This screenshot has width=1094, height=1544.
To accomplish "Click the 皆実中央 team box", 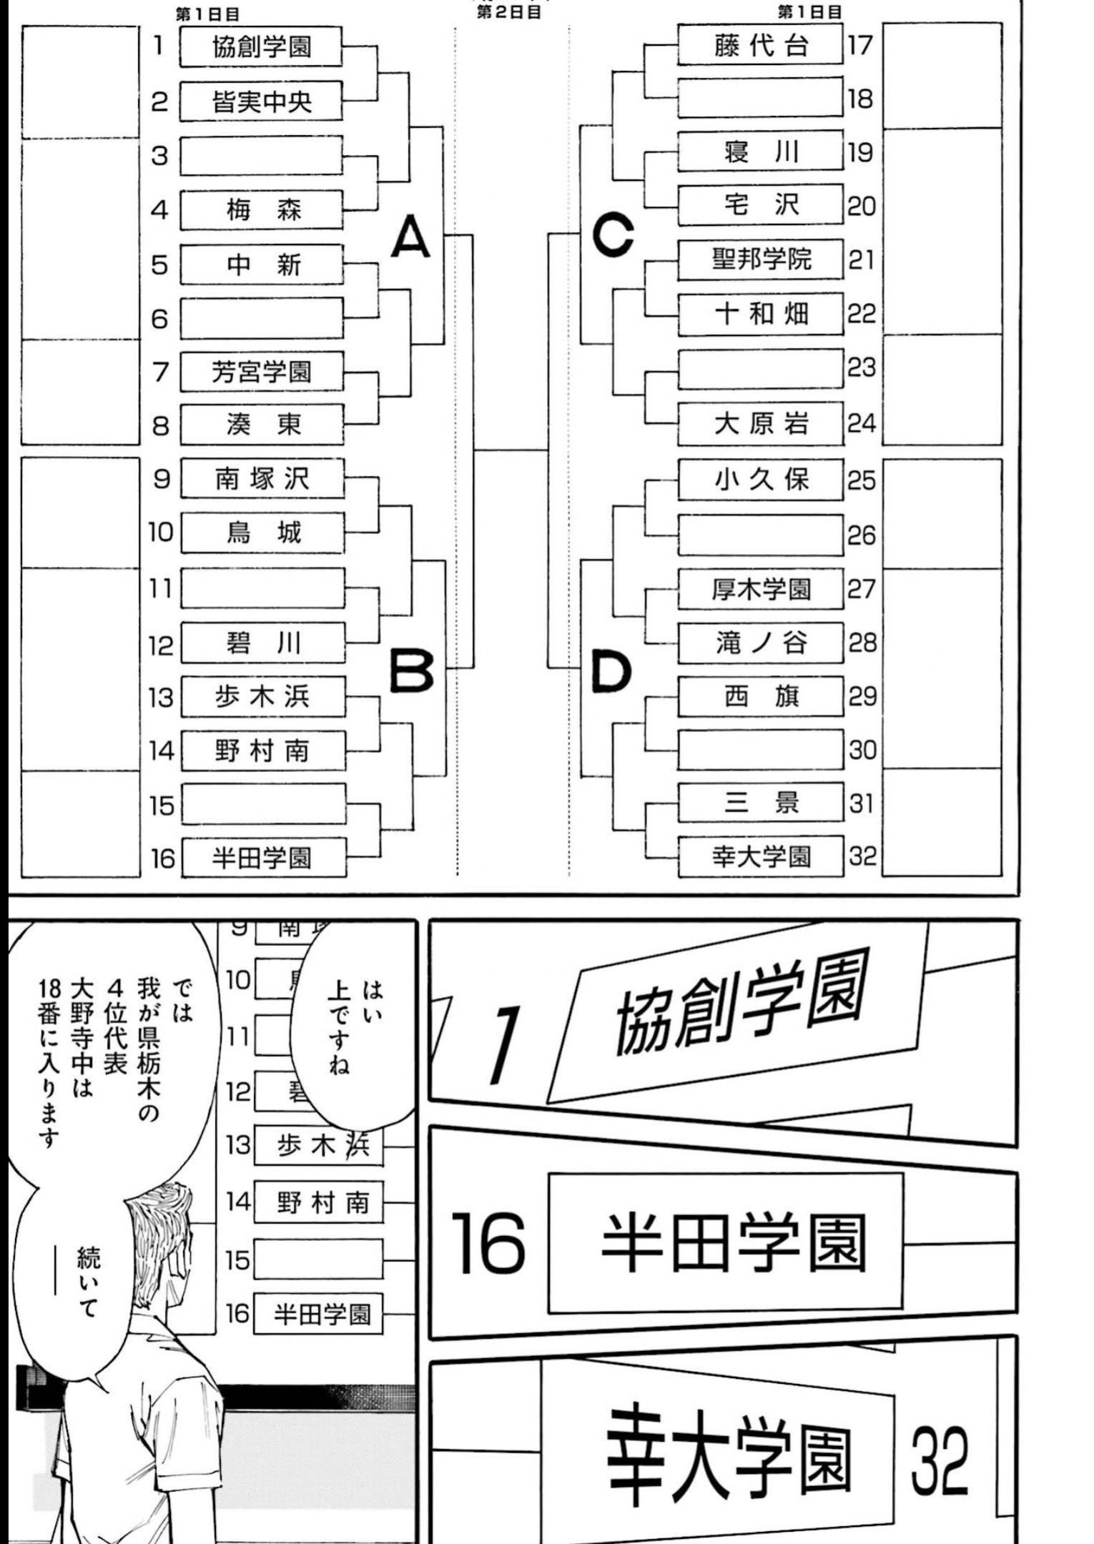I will (261, 102).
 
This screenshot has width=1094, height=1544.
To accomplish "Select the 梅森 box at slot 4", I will (261, 210).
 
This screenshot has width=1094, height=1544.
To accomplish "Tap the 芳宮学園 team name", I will (261, 372).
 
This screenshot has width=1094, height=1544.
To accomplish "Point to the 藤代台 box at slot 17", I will (760, 46).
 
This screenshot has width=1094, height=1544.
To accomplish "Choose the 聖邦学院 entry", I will (760, 259).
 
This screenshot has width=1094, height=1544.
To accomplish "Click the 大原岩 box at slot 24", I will (760, 424).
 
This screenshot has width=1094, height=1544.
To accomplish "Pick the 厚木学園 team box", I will (760, 589).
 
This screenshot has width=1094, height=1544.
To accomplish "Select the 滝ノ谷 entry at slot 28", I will (760, 643).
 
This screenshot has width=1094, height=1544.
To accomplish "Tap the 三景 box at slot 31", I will (760, 803).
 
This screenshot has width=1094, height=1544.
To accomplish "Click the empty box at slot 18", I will (760, 99).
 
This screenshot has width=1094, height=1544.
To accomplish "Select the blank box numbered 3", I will (261, 156).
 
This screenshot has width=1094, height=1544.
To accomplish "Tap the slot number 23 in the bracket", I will (862, 367).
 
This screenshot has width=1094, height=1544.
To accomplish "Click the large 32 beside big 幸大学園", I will (939, 1461).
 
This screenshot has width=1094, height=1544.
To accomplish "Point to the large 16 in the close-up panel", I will (488, 1243).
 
